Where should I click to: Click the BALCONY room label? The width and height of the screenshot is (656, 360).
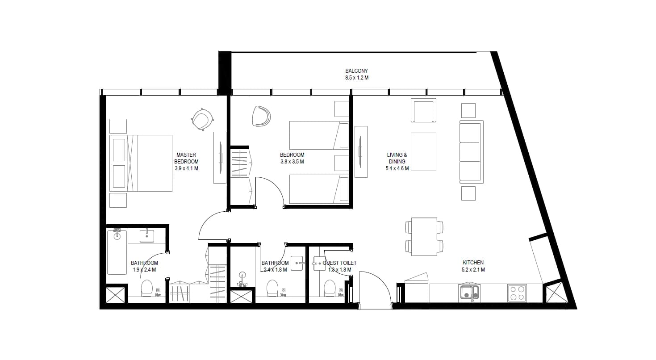pos(356,71)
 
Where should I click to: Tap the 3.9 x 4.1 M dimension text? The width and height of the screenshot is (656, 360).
pos(186,168)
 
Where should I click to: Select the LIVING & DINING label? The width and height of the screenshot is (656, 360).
pos(397,158)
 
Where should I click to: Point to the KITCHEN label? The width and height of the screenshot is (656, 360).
pos(473,263)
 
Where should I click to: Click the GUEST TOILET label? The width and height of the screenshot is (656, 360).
pos(340,263)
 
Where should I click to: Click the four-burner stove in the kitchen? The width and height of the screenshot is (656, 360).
pos(517,293)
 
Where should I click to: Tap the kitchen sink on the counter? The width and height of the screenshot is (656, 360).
pos(469,293)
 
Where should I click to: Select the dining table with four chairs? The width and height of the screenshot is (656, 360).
pos(424,236)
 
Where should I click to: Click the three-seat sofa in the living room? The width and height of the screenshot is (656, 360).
pos(471,152)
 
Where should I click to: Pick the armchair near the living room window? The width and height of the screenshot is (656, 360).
pos(423,110)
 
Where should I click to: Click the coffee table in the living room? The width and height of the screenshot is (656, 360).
pos(423,152)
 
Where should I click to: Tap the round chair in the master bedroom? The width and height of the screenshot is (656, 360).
pos(202,119)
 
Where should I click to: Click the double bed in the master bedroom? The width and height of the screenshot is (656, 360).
pos(141,163)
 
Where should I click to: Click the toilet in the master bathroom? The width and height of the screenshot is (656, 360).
pos(147,288)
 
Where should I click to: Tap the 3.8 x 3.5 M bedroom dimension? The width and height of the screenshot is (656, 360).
pos(292,162)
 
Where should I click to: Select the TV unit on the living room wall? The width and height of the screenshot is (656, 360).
pos(361,152)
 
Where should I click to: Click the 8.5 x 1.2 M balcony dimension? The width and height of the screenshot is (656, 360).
pos(356,78)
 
